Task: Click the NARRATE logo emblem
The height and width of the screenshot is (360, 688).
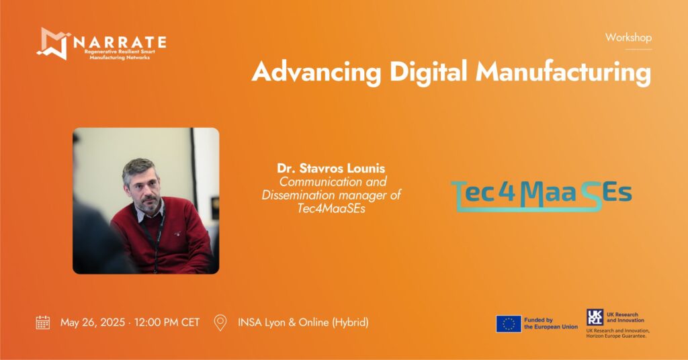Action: point(53,44)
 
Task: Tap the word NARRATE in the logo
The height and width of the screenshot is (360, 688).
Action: point(120,42)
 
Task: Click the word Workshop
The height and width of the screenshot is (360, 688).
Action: point(628,38)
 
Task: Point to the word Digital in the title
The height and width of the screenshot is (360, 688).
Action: point(428,71)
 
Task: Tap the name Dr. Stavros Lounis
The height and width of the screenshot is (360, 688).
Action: point(331,168)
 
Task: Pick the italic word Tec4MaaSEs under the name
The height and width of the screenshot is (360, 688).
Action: point(331,208)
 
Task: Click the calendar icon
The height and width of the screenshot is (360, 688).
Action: point(43,322)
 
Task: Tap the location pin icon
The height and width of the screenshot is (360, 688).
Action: point(220,322)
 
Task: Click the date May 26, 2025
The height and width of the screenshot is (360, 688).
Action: point(93,323)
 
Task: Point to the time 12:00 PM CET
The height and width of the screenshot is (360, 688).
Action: point(167,322)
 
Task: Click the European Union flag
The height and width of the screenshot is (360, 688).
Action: point(509,324)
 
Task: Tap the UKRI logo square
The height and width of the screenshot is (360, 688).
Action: point(595,317)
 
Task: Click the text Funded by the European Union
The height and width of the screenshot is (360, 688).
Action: point(551,324)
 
